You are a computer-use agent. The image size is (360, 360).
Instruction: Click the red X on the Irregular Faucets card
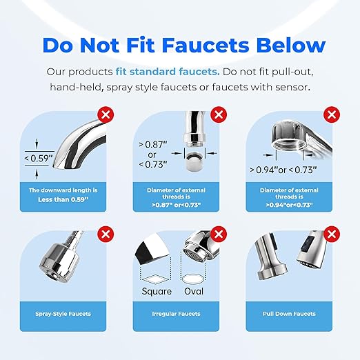pyautogui.click(x=219, y=233)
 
